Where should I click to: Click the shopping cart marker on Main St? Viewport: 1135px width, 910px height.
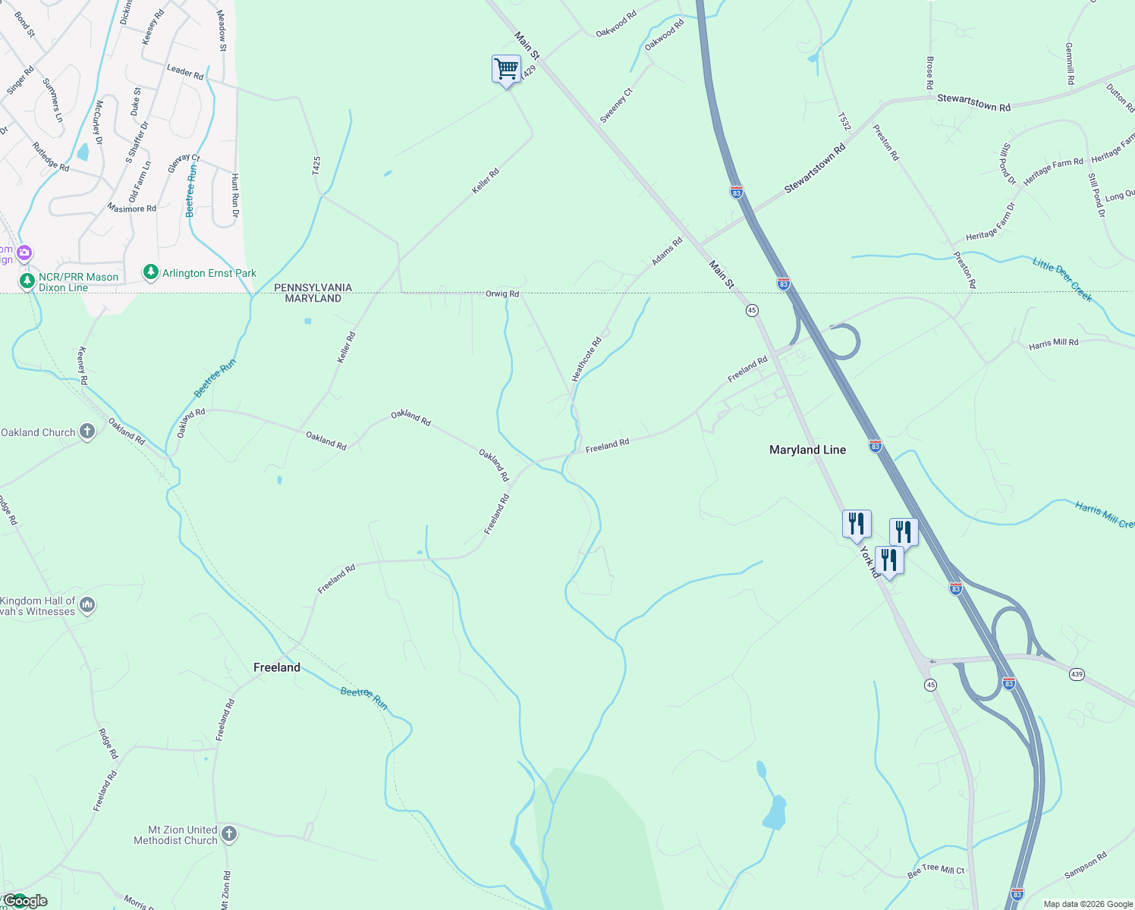[506, 70]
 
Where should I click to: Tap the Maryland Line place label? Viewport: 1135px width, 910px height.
[807, 450]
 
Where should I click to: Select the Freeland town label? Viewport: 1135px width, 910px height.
[276, 667]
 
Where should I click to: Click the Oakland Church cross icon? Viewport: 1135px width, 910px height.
[87, 432]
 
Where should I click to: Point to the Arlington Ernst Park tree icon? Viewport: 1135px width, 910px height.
[151, 272]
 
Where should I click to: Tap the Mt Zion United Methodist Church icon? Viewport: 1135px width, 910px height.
[229, 834]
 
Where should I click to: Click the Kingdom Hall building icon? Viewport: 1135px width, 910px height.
[87, 605]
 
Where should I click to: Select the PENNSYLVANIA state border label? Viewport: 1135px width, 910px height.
[313, 287]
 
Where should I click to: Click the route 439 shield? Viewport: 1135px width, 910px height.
[1077, 673]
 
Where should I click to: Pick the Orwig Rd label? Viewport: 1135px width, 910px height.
[502, 293]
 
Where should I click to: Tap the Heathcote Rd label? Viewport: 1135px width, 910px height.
[586, 359]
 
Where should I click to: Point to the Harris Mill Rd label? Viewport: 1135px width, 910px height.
[1053, 344]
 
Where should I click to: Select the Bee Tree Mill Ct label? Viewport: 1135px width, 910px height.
[935, 871]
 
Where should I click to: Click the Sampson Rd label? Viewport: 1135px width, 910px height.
[1085, 865]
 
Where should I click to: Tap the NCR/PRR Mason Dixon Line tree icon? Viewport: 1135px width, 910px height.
[27, 282]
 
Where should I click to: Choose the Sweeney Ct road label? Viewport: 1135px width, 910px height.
[616, 105]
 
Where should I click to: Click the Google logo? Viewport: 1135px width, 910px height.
[25, 901]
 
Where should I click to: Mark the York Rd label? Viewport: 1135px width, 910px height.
[870, 563]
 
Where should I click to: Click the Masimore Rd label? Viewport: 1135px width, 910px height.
[131, 208]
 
